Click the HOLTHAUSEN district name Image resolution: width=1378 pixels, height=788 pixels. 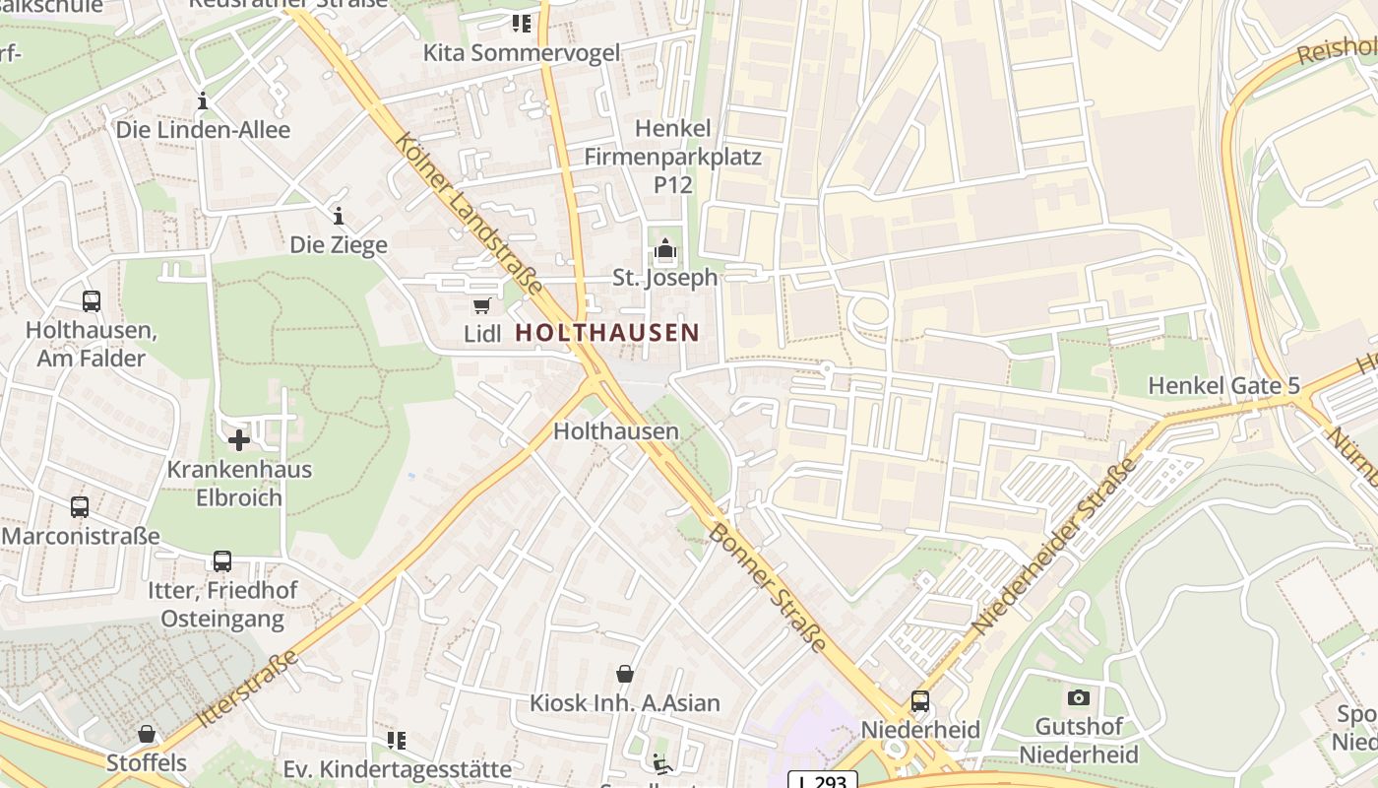click(x=606, y=333)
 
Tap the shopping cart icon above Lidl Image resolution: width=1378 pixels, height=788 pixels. click(x=481, y=306)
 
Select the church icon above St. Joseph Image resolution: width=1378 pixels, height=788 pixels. click(x=665, y=250)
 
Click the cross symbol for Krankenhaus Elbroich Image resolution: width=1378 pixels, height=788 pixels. click(x=238, y=440)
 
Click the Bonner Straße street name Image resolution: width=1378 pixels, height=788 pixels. click(x=768, y=587)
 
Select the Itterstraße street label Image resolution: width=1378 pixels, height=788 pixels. click(x=247, y=689)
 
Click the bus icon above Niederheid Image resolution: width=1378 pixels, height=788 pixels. click(x=920, y=701)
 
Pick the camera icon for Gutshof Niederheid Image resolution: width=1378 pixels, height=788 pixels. click(x=1079, y=698)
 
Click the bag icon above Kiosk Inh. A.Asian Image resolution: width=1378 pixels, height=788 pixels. click(x=625, y=675)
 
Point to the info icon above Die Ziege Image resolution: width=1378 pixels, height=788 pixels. click(x=339, y=216)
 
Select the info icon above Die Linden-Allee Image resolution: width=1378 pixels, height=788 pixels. click(x=203, y=100)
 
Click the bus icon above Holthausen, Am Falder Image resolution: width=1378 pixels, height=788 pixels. click(x=92, y=301)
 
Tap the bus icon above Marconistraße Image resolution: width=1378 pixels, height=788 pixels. click(x=80, y=507)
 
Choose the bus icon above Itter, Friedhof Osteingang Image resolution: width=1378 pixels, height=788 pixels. click(x=222, y=561)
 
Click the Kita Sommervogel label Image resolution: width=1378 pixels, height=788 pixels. click(x=522, y=52)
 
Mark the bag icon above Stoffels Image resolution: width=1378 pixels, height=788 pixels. click(x=147, y=734)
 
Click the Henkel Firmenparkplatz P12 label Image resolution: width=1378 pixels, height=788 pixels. click(x=673, y=156)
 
